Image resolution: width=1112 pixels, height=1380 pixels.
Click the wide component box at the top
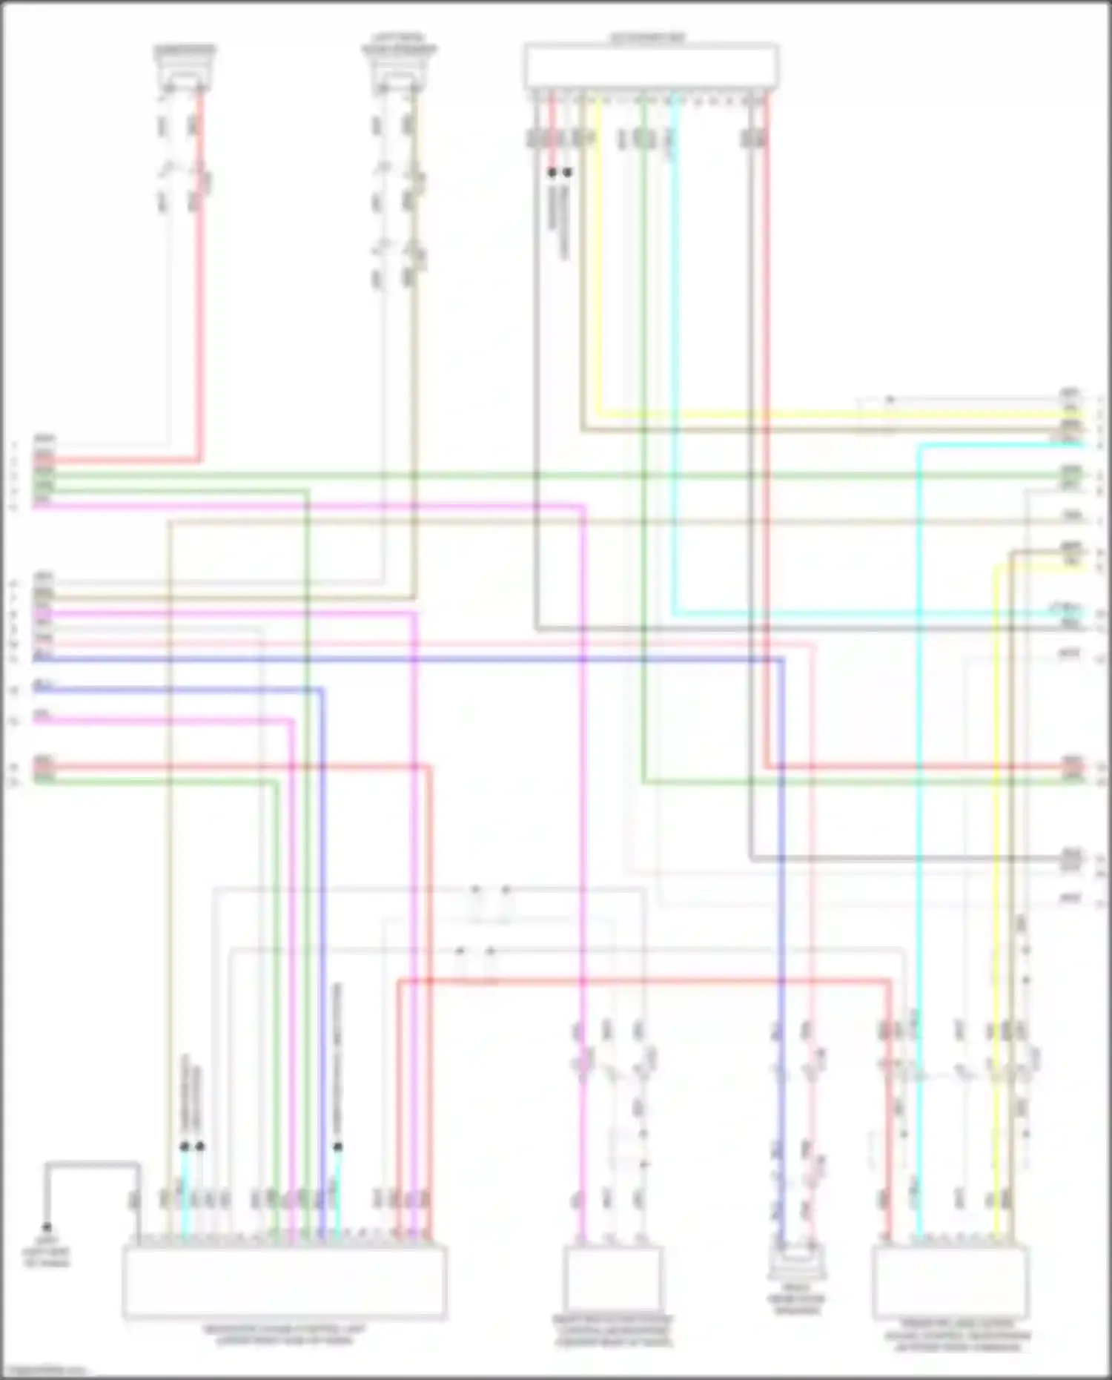point(651,67)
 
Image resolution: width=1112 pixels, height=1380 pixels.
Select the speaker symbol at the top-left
point(185,71)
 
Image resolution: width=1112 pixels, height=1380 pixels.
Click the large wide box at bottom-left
point(284,1281)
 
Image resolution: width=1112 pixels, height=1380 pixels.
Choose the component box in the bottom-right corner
point(950,1281)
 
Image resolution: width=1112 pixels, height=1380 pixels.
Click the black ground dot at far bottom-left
point(47,1227)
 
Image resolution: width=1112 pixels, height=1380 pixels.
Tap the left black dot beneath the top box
point(552,172)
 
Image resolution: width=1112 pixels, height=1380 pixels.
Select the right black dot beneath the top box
point(568,172)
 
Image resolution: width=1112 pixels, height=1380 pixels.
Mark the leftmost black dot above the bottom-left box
point(184,1146)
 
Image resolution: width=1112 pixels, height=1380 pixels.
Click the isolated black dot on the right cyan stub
point(338,1146)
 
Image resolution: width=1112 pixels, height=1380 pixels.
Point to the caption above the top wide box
point(647,37)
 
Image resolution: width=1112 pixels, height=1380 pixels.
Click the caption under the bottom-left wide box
point(284,1335)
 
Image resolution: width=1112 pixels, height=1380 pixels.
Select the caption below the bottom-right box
point(956,1335)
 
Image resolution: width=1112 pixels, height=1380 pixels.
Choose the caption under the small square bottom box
point(612,1331)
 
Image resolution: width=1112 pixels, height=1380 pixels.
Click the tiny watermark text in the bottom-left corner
point(44,1370)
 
